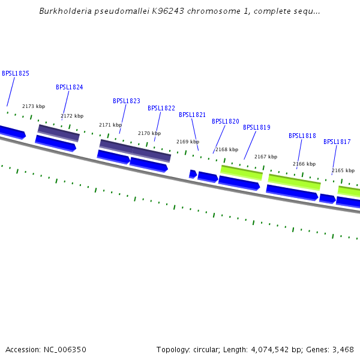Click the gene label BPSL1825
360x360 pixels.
(x=16, y=73)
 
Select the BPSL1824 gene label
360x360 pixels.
(x=70, y=87)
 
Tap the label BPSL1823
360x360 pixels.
(x=127, y=101)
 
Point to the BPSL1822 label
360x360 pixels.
(x=161, y=108)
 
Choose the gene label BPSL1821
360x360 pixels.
(x=192, y=115)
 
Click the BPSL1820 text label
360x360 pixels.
(x=226, y=121)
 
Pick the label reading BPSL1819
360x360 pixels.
(x=257, y=127)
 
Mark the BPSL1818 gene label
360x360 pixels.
(x=302, y=136)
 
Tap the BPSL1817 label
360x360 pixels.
(x=337, y=142)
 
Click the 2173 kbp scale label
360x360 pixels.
(x=34, y=106)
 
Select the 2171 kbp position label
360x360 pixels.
(x=110, y=125)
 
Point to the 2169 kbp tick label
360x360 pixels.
(x=187, y=142)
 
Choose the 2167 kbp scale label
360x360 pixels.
(x=266, y=157)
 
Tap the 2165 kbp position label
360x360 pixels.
(x=343, y=170)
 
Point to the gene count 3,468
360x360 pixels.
(x=342, y=349)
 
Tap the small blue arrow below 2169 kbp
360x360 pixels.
(x=193, y=174)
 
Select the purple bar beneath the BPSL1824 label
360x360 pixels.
(x=59, y=133)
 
